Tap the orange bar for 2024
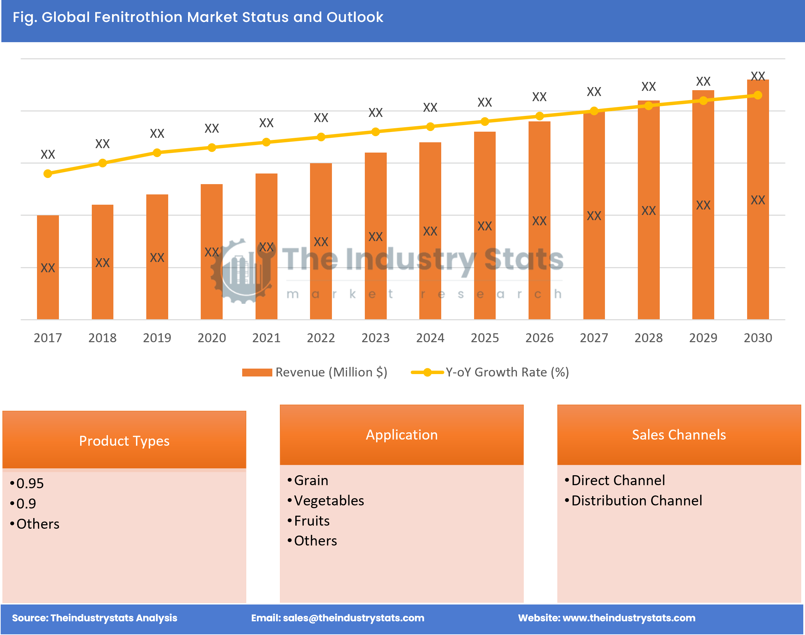(430, 230)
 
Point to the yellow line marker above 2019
(157, 153)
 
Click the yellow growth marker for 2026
(539, 116)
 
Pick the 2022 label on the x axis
(321, 338)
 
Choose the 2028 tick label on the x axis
(648, 338)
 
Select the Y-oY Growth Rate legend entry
(507, 372)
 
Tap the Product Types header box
(124, 441)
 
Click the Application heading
(401, 435)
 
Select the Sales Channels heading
(679, 435)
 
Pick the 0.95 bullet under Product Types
(30, 483)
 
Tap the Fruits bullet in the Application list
(311, 521)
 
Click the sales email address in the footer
(353, 618)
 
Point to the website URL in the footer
(629, 618)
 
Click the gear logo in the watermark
(243, 272)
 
